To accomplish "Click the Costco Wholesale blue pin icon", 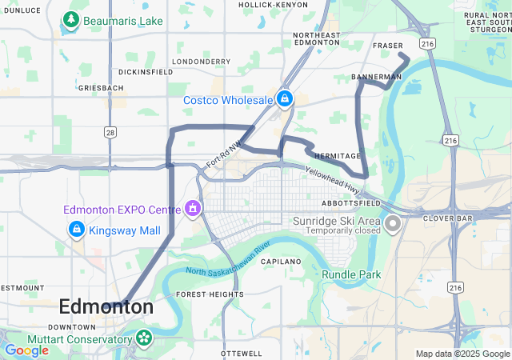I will (x=284, y=99).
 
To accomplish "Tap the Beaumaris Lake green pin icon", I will (x=70, y=19).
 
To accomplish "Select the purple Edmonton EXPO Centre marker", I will (x=192, y=210).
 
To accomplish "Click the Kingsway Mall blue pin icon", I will (x=76, y=230).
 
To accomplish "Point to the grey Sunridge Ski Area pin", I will (x=392, y=223).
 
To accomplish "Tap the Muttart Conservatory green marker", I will (x=144, y=338).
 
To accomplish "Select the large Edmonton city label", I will (x=106, y=306).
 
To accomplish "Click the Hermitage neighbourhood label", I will (x=338, y=156).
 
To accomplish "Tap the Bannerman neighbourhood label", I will (x=376, y=77).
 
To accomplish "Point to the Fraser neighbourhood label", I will (x=388, y=46).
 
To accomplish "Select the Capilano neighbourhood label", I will (x=280, y=262).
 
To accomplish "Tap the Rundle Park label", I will (x=351, y=274).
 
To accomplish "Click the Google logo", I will (x=26, y=350).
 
